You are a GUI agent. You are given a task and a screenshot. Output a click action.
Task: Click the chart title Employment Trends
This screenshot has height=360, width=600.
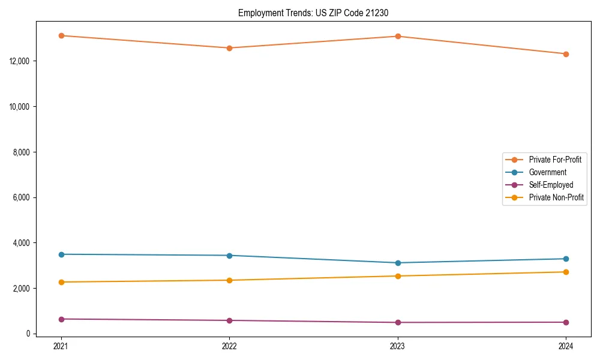pos(317,13)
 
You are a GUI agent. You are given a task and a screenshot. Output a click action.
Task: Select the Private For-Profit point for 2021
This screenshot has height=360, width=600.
pos(61,35)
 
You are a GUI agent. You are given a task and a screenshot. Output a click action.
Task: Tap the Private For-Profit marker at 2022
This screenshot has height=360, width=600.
pos(229,48)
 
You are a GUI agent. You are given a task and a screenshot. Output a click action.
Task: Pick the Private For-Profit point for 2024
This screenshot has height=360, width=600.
pos(566,54)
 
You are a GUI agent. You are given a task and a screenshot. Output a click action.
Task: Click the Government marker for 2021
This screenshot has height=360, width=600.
pos(61,254)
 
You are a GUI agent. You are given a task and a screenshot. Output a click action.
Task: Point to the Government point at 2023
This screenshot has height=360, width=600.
pos(398,263)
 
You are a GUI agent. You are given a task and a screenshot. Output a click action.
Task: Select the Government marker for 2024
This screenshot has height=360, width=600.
pos(566,259)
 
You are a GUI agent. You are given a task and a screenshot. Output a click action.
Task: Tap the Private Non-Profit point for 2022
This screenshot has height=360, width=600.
pos(229,280)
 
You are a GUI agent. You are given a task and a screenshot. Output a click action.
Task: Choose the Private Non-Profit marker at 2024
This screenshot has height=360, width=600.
pos(566,272)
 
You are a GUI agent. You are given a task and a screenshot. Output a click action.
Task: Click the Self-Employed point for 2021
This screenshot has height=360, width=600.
pos(61,319)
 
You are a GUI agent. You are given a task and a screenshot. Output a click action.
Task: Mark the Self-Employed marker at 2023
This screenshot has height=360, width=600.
pos(398,322)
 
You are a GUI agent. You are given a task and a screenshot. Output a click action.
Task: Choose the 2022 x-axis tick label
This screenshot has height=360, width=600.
pos(229,346)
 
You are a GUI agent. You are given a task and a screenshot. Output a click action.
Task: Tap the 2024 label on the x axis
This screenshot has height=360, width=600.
pos(566,346)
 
